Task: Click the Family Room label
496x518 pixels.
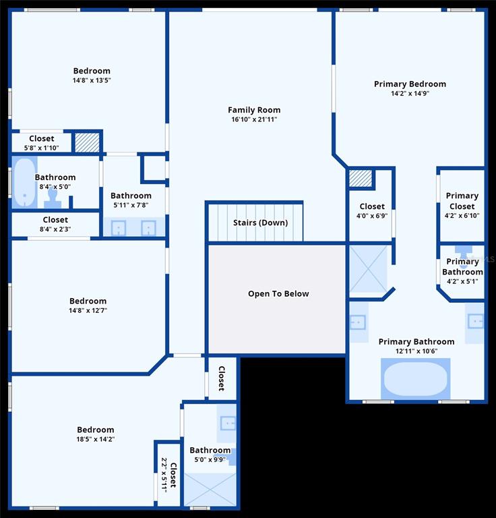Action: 254,110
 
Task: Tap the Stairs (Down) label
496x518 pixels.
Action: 260,223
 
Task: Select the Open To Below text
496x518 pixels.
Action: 278,293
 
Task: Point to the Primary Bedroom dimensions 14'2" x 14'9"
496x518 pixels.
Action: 410,94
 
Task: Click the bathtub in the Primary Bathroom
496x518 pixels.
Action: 416,378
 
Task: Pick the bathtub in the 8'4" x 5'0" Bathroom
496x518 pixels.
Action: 24,182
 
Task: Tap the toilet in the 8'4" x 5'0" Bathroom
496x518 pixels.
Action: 53,198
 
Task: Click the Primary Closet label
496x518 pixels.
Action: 462,201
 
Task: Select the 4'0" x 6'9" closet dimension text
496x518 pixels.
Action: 372,216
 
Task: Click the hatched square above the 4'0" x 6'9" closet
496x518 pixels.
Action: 361,178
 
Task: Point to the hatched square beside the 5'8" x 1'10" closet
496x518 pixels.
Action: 87,142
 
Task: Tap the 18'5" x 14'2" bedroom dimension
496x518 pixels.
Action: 96,439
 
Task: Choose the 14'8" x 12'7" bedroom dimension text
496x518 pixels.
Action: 88,310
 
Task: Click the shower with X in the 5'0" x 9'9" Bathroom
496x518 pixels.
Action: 210,489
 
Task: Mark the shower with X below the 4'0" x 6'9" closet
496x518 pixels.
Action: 368,268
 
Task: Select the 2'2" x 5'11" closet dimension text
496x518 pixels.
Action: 164,475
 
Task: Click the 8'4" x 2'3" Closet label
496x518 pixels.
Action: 55,220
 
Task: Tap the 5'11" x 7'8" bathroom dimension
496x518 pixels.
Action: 131,205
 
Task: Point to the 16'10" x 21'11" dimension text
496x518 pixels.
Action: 254,119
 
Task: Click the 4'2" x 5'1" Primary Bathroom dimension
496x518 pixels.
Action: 462,281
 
